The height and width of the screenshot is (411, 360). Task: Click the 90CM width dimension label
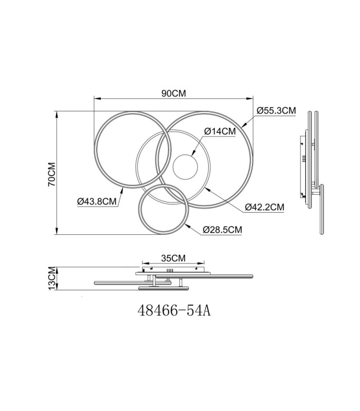173,94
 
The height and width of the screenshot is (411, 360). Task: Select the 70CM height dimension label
52,175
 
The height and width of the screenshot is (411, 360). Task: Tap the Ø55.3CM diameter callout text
276,110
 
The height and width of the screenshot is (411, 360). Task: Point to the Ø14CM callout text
220,131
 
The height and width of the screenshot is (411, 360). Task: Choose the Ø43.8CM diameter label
97,201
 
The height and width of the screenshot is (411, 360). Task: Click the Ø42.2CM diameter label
264,207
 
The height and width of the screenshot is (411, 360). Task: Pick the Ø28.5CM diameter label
223,230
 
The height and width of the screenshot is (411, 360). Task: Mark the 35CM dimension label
173,258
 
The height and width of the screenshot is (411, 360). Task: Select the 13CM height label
52,278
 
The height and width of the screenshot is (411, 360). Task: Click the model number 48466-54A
174,311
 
